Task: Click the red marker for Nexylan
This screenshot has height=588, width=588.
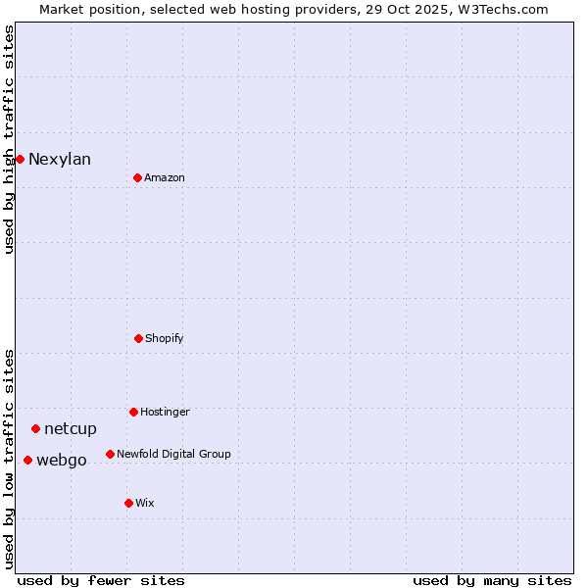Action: coord(20,159)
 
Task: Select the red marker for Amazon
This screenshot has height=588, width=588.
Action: coord(137,177)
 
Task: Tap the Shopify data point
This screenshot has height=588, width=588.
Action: coord(138,338)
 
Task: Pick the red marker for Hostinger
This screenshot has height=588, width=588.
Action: coord(133,412)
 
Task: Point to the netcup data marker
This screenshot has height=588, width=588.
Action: coord(35,428)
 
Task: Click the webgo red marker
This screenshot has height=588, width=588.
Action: coord(27,460)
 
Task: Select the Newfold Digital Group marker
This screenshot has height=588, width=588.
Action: coord(110,454)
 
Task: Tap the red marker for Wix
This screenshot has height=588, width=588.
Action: coord(128,503)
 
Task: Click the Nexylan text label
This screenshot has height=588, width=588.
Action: coord(60,160)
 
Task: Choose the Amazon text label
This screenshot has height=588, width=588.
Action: coord(165,177)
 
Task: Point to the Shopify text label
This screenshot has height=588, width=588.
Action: coord(165,338)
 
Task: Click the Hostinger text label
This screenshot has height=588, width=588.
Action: coord(165,412)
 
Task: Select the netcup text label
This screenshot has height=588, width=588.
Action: coord(71,429)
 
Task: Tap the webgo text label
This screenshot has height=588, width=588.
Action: coord(62,461)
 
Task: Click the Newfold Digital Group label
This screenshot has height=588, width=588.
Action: coord(173,454)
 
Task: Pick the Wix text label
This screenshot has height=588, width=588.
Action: coord(145,503)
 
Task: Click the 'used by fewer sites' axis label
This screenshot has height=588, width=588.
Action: coord(101,580)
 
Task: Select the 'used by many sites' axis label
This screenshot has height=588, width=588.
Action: coord(492,580)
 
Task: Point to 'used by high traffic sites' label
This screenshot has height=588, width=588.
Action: coord(9,139)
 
